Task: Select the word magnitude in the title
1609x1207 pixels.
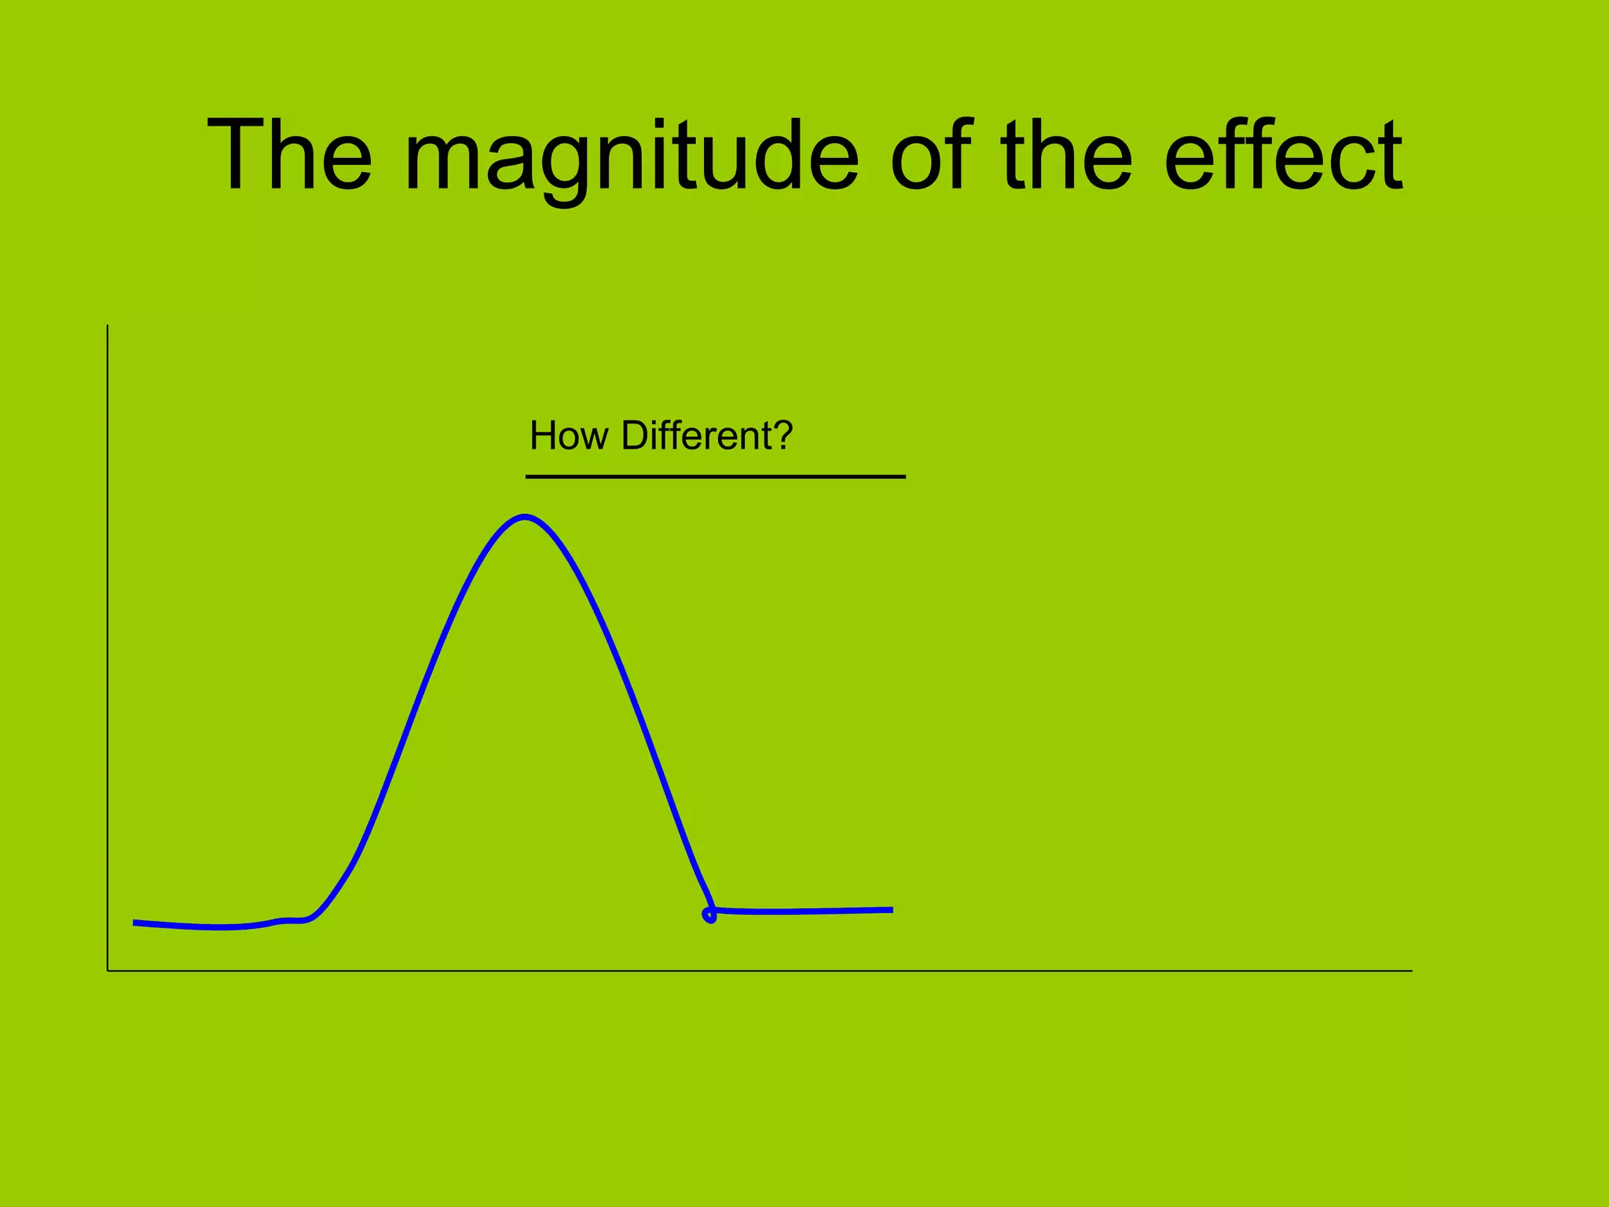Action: point(631,157)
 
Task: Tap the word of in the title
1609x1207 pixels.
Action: point(932,155)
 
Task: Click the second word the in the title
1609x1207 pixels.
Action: point(1066,155)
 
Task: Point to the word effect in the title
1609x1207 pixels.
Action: point(1282,155)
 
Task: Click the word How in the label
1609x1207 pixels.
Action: point(568,435)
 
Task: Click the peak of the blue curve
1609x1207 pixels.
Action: point(525,516)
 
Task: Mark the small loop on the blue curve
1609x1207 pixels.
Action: point(709,915)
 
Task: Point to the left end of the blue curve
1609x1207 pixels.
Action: point(135,923)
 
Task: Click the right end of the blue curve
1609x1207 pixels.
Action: point(892,910)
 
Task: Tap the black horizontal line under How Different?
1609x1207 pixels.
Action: point(715,476)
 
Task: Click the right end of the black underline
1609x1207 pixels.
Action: point(904,476)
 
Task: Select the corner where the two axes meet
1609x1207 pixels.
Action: point(108,971)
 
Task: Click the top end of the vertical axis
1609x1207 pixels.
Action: point(108,326)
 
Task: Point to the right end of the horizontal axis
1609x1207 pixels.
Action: point(1411,971)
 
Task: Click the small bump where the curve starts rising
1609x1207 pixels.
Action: point(291,919)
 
